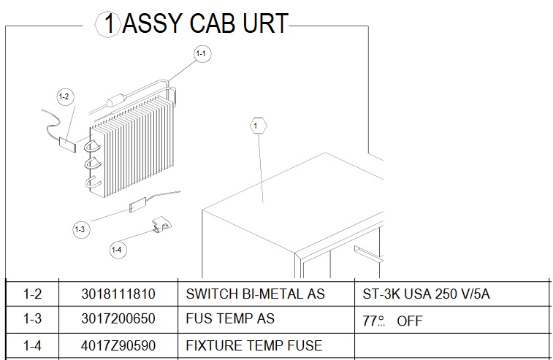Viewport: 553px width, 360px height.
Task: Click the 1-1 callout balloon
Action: [x=202, y=54]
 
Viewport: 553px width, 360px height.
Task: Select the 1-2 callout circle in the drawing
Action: [x=66, y=96]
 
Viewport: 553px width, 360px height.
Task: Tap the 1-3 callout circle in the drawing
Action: [x=81, y=229]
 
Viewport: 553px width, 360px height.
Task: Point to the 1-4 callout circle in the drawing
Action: [x=118, y=250]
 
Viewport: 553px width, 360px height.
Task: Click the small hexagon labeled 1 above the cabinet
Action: [x=258, y=126]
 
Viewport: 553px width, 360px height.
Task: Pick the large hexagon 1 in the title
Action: [x=109, y=23]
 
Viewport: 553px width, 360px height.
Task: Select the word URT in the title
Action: [x=266, y=23]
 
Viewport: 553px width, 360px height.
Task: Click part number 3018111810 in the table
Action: [x=118, y=294]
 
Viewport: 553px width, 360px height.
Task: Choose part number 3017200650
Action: [x=118, y=319]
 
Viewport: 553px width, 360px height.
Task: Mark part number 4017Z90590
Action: [x=118, y=345]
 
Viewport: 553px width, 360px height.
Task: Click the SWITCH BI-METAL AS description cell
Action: [x=256, y=294]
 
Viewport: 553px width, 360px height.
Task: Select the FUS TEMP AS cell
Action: [x=230, y=319]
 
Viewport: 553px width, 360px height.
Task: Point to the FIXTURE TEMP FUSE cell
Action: [x=254, y=345]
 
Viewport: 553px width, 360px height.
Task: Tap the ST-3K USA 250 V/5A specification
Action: [x=426, y=294]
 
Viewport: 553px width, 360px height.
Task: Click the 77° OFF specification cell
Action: [x=392, y=321]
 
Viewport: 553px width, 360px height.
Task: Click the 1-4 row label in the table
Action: [x=32, y=345]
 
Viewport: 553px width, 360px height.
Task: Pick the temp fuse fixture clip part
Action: [x=161, y=224]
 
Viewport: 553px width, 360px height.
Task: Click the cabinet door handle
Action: [x=369, y=254]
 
